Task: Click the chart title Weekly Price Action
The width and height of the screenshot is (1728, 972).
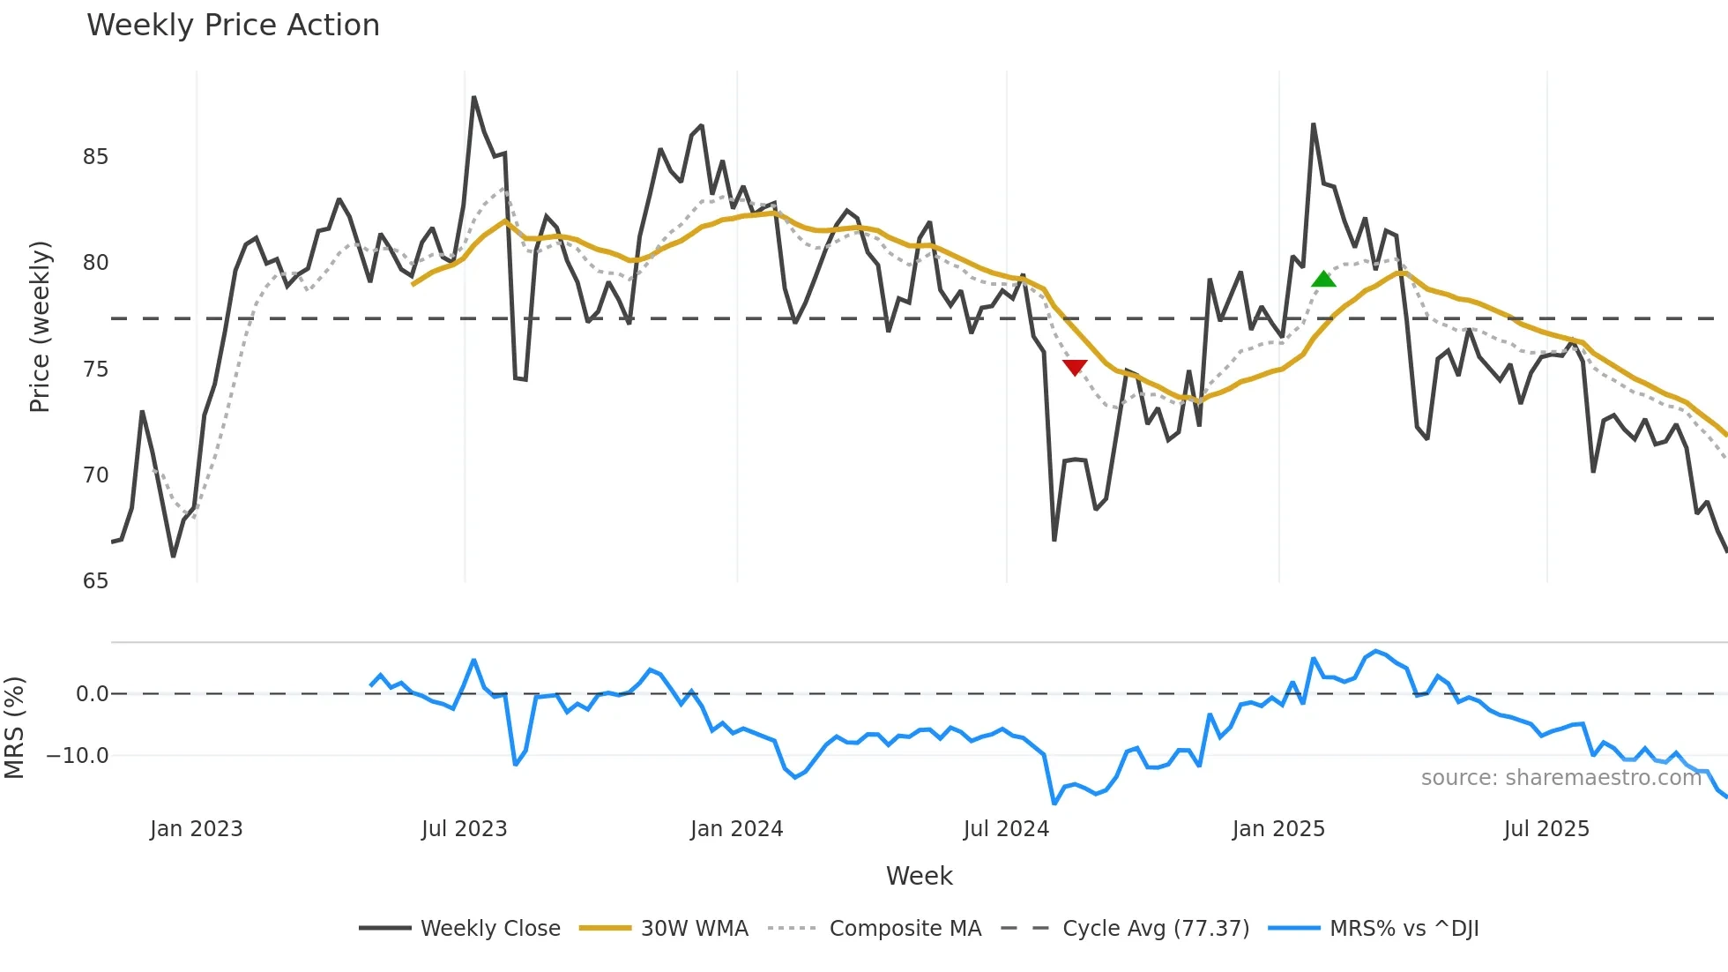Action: tap(233, 26)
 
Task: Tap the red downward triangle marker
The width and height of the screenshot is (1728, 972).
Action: tap(1075, 367)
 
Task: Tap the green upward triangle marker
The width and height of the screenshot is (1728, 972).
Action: tap(1323, 280)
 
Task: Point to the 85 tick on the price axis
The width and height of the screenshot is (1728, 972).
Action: tap(95, 157)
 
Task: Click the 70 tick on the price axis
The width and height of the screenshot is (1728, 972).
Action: tap(95, 475)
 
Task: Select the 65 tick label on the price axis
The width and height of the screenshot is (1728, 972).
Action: tap(95, 581)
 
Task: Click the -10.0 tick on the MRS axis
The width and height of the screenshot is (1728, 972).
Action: tap(78, 756)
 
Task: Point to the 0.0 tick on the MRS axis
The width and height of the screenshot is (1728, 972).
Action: tap(92, 694)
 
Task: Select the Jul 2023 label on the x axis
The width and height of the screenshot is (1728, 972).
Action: tap(464, 829)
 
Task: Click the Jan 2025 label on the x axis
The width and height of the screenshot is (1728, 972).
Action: tap(1278, 829)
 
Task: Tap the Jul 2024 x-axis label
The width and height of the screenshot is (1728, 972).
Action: tap(1006, 829)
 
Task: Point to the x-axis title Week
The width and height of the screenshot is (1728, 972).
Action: tap(919, 876)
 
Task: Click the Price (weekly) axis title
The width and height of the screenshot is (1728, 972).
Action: tap(40, 326)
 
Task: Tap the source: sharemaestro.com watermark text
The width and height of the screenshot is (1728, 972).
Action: tap(1560, 778)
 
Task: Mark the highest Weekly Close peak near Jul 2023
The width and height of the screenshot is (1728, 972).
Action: tap(473, 98)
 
